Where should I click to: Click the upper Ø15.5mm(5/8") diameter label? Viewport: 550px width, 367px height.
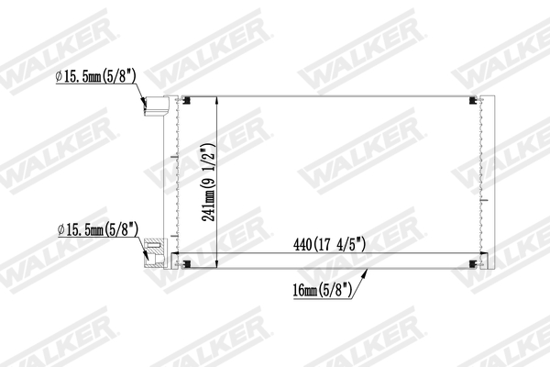pyautogui.click(x=93, y=78)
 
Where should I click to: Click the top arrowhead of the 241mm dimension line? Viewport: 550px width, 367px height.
pyautogui.click(x=215, y=99)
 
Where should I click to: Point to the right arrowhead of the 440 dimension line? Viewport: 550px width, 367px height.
pyautogui.click(x=476, y=254)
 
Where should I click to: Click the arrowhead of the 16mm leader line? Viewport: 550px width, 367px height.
pyautogui.click(x=368, y=270)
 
